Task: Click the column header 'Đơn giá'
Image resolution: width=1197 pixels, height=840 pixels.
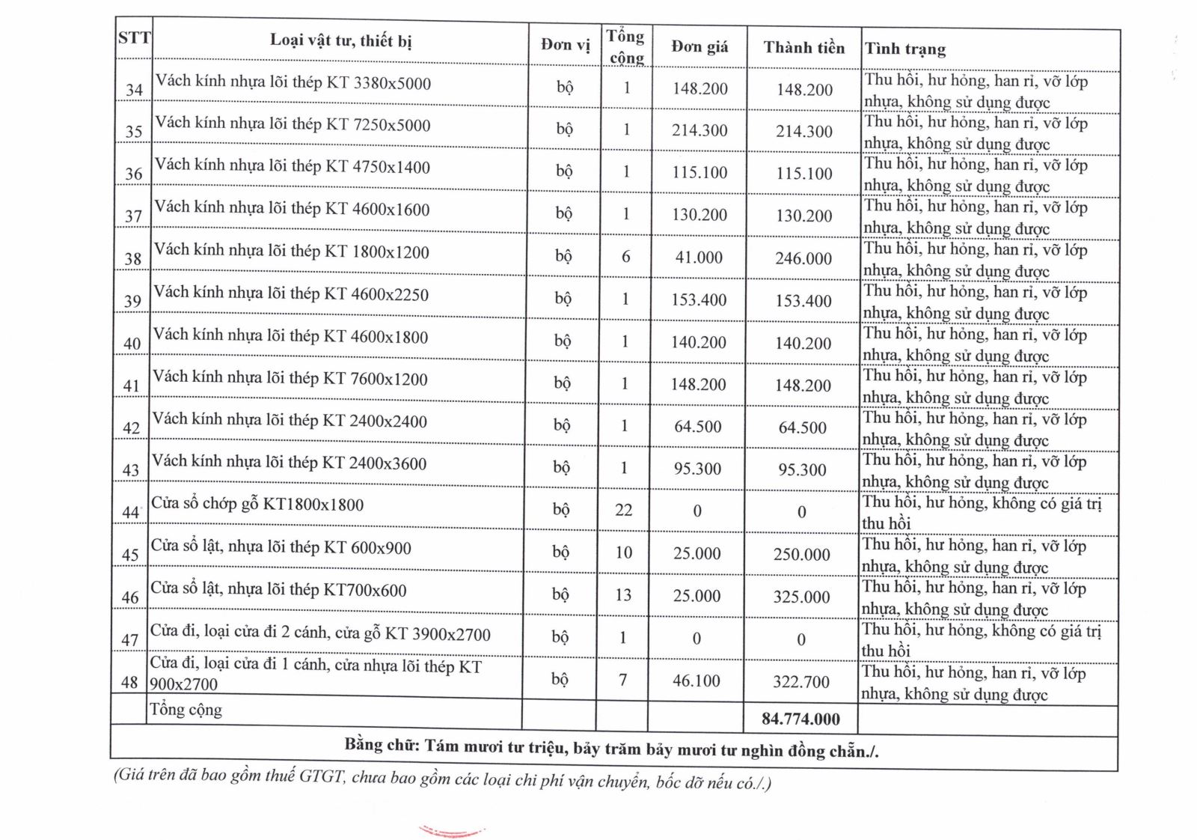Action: [699, 46]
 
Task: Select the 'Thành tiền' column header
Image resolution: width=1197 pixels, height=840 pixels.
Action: [803, 48]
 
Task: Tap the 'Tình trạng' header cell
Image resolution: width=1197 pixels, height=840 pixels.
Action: [905, 49]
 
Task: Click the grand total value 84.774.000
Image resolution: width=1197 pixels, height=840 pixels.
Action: [800, 719]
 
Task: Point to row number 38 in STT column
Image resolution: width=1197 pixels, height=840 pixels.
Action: [132, 258]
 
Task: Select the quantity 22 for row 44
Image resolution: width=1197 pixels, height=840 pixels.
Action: [623, 510]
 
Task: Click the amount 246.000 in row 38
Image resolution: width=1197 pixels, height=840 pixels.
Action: [803, 258]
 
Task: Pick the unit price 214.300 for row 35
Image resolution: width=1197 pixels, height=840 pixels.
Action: [699, 130]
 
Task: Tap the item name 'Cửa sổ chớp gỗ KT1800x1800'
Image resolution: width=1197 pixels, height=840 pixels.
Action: [257, 505]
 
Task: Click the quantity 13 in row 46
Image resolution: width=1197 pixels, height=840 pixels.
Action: [623, 595]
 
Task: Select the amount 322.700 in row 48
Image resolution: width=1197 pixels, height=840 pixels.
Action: [801, 681]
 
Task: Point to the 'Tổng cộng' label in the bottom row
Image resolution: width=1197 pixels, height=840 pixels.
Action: [186, 710]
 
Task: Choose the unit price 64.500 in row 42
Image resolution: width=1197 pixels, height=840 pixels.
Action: [697, 427]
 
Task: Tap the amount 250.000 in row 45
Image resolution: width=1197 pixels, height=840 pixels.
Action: [801, 555]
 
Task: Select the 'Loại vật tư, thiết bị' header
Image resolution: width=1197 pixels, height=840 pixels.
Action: [340, 40]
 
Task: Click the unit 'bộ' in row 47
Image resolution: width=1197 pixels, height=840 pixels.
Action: [560, 637]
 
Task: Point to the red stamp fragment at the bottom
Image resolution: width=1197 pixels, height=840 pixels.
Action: [451, 832]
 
